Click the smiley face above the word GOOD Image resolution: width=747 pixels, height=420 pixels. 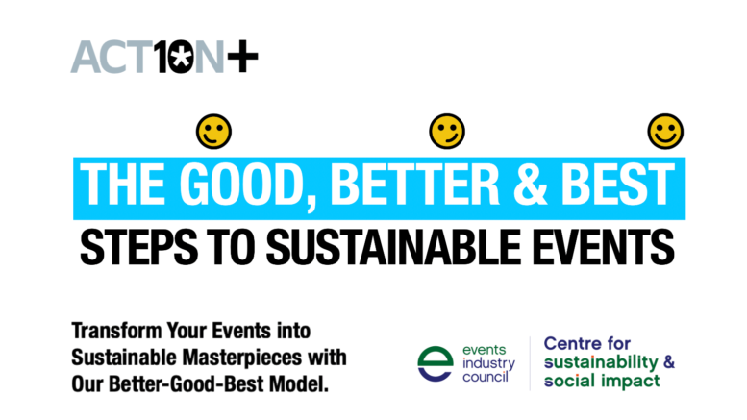pyautogui.click(x=213, y=132)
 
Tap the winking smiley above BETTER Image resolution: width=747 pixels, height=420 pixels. pyautogui.click(x=447, y=132)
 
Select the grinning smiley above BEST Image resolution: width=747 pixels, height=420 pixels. pyautogui.click(x=665, y=132)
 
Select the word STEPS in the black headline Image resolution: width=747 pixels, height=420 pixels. pyautogui.click(x=138, y=247)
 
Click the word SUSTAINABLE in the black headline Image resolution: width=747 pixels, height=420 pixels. pyautogui.click(x=393, y=247)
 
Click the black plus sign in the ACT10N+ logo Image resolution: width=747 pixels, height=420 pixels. pyautogui.click(x=242, y=56)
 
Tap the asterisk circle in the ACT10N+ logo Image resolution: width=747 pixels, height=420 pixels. pyautogui.click(x=180, y=57)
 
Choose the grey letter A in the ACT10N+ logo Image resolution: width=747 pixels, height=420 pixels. pyautogui.click(x=87, y=57)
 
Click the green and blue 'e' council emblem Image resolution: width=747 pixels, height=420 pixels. pyautogui.click(x=436, y=364)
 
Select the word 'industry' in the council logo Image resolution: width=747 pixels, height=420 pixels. pyautogui.click(x=488, y=364)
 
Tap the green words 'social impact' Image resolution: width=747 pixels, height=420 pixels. pyautogui.click(x=602, y=381)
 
